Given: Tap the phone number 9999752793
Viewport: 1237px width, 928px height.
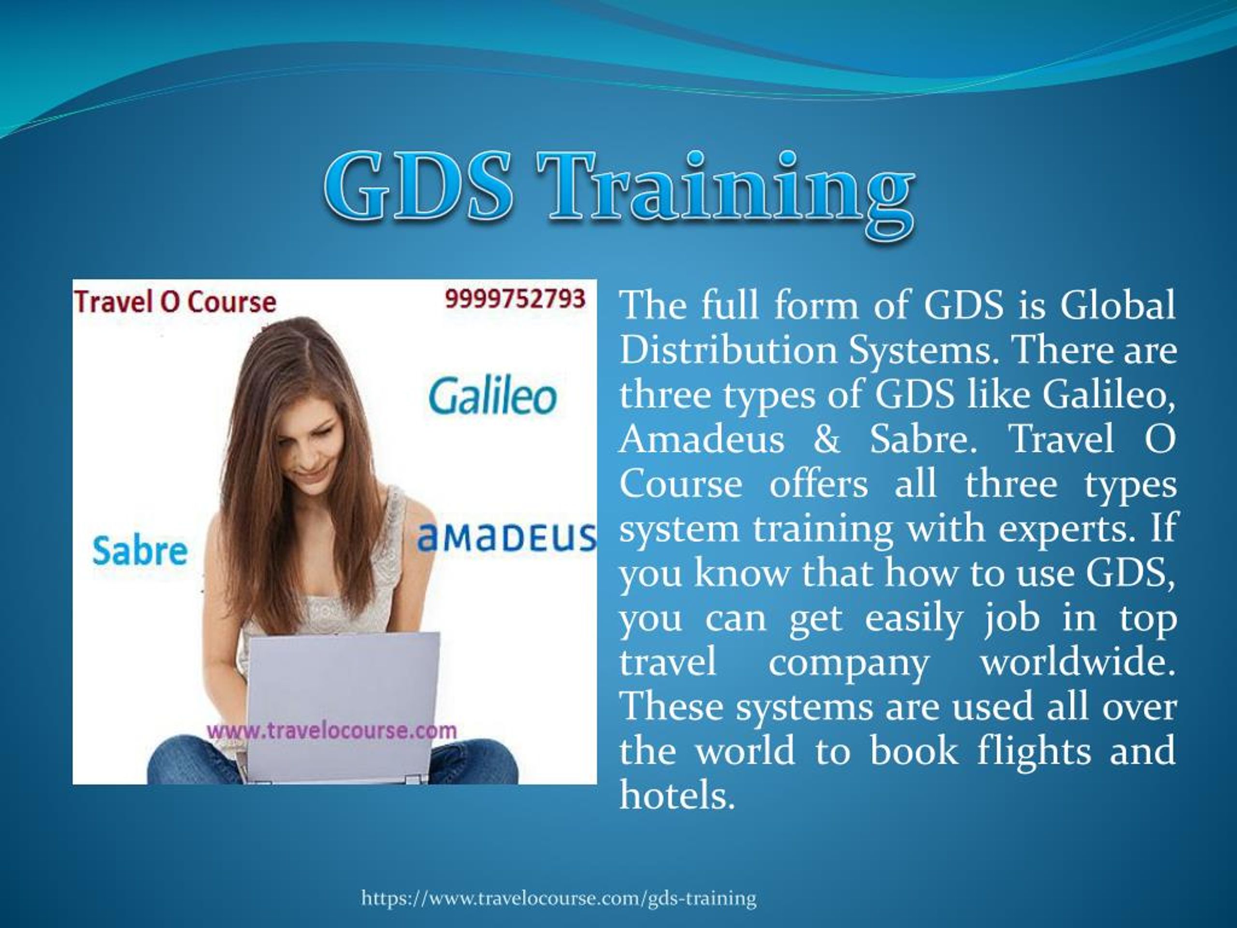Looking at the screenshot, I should click(x=515, y=299).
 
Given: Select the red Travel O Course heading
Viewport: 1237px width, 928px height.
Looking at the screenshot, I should click(x=174, y=303).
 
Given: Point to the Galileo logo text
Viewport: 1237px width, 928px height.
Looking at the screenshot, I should click(x=492, y=397).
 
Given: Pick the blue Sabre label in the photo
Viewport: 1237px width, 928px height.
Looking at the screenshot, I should click(x=139, y=551).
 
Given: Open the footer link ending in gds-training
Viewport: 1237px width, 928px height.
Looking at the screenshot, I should click(x=559, y=899).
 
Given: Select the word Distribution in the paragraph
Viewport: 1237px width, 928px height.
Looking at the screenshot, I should click(x=727, y=351).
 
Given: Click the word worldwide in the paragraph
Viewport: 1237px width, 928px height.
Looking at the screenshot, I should click(x=1077, y=662).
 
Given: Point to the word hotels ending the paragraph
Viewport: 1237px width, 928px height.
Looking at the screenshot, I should click(x=676, y=795).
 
